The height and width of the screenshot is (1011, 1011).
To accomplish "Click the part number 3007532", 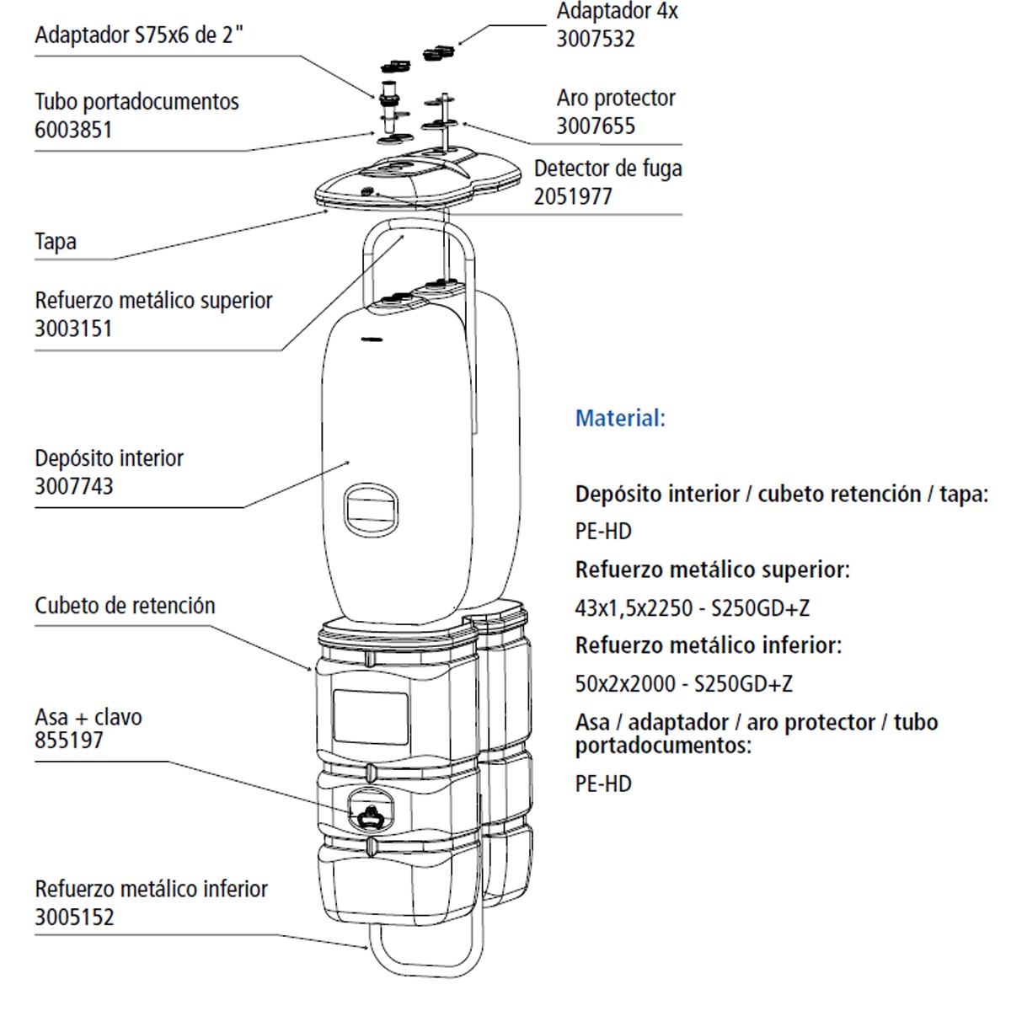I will (x=595, y=40).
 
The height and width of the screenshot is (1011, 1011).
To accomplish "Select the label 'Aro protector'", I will (x=615, y=98).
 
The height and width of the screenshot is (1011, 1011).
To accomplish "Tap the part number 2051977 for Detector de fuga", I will (x=573, y=196).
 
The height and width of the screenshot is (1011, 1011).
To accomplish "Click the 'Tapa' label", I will (x=56, y=242).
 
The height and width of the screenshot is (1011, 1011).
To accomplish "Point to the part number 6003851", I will (x=73, y=130).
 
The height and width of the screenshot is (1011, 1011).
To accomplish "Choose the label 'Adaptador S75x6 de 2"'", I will (x=140, y=35).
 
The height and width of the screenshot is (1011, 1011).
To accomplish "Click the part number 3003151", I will (x=73, y=329).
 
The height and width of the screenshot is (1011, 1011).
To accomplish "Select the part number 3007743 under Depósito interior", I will (x=73, y=486).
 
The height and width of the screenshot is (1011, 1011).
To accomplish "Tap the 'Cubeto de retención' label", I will (x=125, y=606).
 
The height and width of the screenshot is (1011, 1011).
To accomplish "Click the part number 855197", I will (x=69, y=741).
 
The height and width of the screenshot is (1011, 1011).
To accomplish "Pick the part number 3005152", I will (x=74, y=917).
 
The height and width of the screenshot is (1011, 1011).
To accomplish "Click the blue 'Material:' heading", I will (x=620, y=418).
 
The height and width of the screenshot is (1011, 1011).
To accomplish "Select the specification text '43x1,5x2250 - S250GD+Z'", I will (x=692, y=607).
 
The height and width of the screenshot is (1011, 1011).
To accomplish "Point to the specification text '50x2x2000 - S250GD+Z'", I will (x=683, y=683).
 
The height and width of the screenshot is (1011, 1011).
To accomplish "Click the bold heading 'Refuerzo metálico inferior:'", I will (x=708, y=645).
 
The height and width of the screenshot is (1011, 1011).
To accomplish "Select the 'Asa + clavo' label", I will (x=88, y=717).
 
